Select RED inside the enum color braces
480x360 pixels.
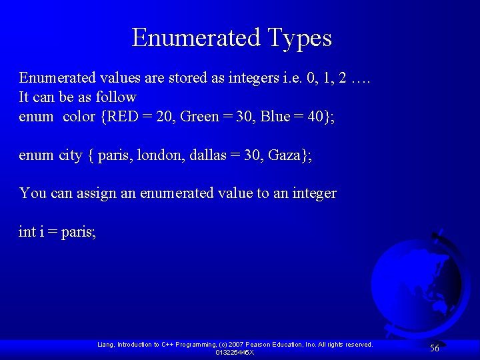(123, 117)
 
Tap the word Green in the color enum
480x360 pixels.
(199, 117)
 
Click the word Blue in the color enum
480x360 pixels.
(275, 117)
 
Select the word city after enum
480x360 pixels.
(71, 155)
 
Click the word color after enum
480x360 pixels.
(79, 117)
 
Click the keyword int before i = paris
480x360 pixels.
(27, 232)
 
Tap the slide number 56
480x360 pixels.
(434, 348)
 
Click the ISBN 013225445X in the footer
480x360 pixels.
(235, 352)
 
